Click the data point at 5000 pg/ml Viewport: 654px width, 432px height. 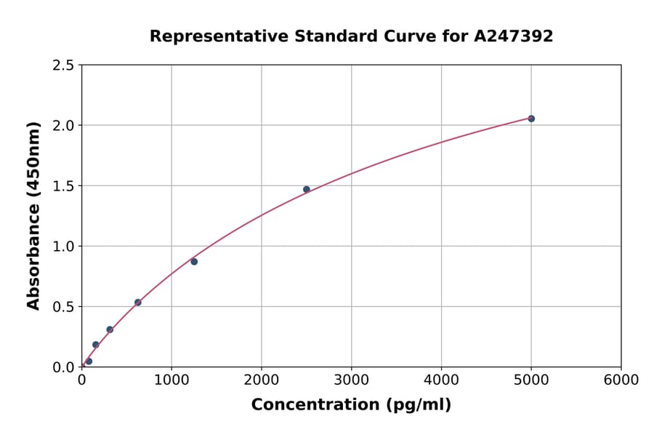click(x=531, y=119)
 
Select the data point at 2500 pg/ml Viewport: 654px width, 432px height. click(x=307, y=189)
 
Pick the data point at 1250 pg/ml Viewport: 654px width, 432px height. click(x=194, y=261)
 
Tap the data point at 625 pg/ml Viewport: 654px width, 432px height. click(x=138, y=302)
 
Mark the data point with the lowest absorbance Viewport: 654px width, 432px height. click(x=89, y=361)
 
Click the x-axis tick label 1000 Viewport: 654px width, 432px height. click(x=171, y=380)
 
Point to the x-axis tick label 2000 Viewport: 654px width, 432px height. click(x=262, y=380)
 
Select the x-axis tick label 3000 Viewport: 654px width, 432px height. click(x=352, y=380)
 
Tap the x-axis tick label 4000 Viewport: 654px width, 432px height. click(x=441, y=380)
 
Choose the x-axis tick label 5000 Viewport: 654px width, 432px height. click(x=531, y=380)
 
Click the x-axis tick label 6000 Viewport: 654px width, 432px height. click(x=621, y=380)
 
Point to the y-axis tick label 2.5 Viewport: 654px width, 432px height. click(x=63, y=65)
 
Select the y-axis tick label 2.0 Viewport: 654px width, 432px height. click(x=63, y=126)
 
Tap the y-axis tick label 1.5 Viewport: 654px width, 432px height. click(x=63, y=186)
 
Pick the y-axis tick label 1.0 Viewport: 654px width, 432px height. click(x=63, y=247)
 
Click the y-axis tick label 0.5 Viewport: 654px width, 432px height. click(x=63, y=307)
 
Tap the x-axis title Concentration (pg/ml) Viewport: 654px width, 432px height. click(x=351, y=405)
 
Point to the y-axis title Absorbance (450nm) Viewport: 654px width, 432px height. click(x=33, y=215)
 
